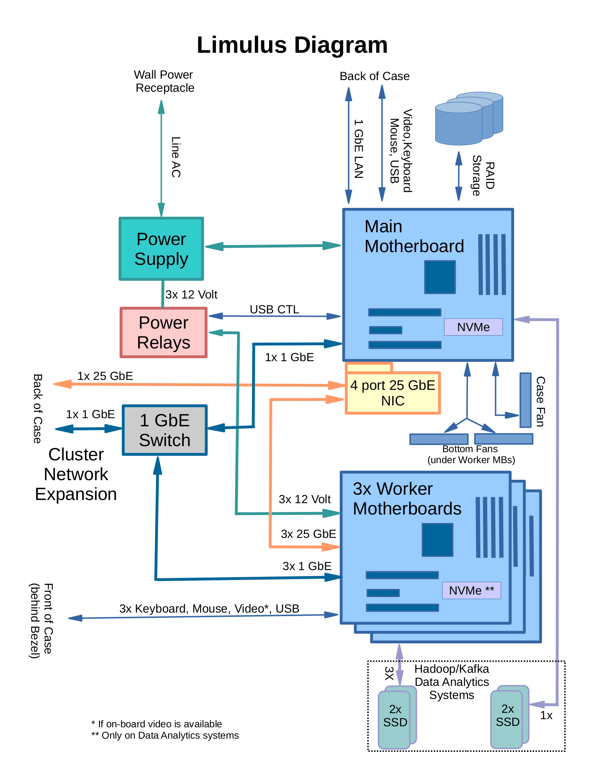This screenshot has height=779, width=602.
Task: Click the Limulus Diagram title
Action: [292, 45]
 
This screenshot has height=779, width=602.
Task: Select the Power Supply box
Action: [161, 249]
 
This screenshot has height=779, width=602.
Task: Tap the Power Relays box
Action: [164, 332]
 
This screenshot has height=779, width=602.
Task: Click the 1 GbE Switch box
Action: [164, 430]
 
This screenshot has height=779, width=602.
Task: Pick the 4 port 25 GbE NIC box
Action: [393, 393]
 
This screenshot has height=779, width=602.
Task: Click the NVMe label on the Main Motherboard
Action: [473, 327]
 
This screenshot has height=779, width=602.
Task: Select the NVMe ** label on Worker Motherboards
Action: [471, 590]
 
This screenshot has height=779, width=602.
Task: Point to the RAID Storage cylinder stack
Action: [468, 119]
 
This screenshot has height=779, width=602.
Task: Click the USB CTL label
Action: [274, 309]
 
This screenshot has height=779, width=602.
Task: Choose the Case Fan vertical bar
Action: [525, 400]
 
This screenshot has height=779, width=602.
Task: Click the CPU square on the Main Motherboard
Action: [440, 277]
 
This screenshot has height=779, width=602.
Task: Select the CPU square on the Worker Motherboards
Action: [437, 540]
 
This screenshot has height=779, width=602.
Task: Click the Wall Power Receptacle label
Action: [164, 81]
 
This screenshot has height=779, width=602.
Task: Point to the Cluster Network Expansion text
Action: [76, 474]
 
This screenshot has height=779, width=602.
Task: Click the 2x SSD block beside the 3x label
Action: [395, 716]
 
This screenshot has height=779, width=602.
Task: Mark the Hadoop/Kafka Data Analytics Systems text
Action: [451, 682]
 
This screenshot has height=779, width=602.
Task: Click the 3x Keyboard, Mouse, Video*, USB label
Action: [209, 608]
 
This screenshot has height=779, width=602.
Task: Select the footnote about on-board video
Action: [157, 724]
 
